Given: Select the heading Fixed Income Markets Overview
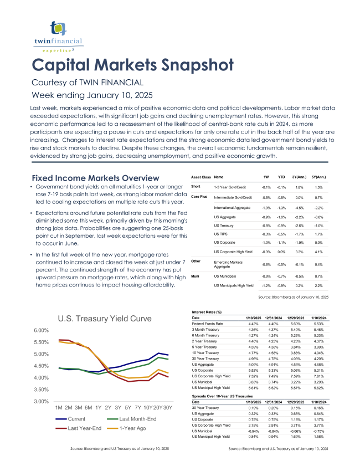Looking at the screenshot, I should pyautogui.click(x=95, y=178).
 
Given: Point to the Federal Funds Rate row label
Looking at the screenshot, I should pyautogui.click(x=208, y=323).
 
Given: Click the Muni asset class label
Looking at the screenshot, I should pyautogui.click(x=196, y=275).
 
